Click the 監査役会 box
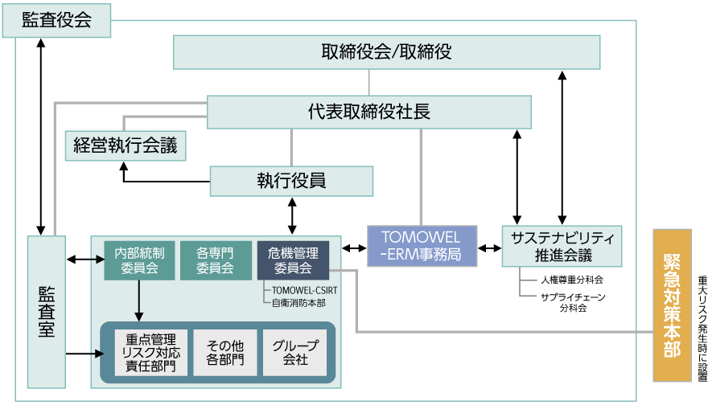coord(56,20)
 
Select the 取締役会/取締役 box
coord(387,52)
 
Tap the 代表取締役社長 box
coord(369,112)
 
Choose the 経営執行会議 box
coord(126,146)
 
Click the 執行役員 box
coord(291,181)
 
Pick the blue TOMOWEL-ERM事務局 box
coord(422,246)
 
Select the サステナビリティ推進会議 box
coord(562,246)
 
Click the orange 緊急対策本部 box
coord(672,305)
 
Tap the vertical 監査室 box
coord(46,311)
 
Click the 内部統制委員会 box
coord(139,260)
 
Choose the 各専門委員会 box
coord(215,260)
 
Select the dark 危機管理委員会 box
coord(293,260)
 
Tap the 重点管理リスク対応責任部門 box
coord(150,352)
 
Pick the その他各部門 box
coord(224,352)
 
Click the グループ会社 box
coord(295,352)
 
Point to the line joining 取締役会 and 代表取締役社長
coord(369,82)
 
